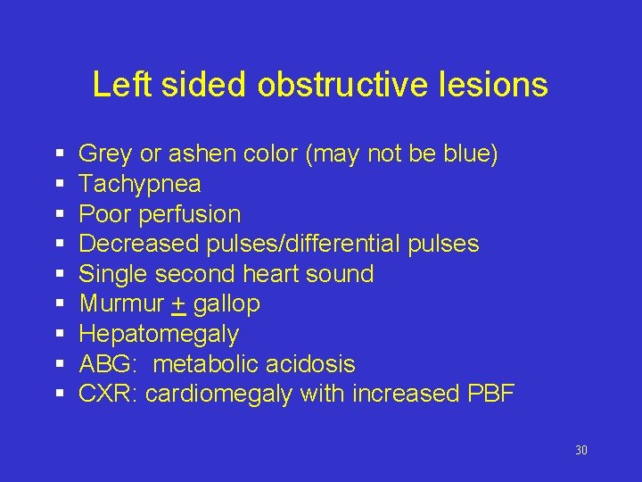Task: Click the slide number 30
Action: pos(580,450)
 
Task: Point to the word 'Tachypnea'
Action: pos(140,184)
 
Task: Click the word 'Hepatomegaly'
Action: pos(159,334)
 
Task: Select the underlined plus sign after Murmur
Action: pos(178,303)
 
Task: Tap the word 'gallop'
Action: pos(226,304)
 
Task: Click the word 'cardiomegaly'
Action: pos(218,394)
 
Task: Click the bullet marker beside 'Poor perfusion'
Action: pos(57,215)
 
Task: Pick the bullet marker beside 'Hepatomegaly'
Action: pos(57,335)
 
